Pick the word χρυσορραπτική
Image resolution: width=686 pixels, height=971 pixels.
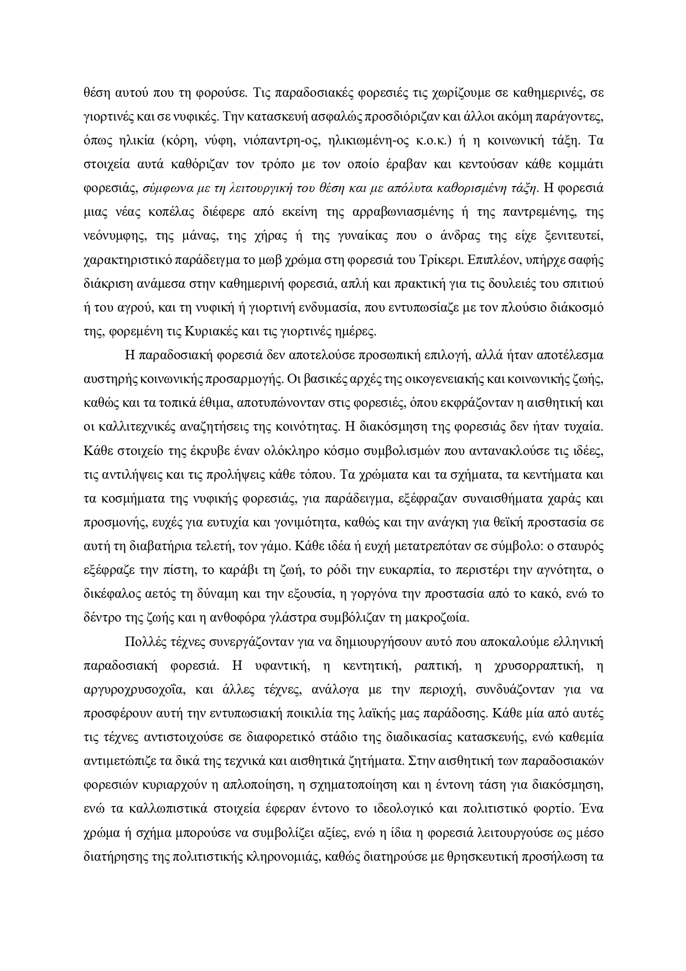click(536, 667)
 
